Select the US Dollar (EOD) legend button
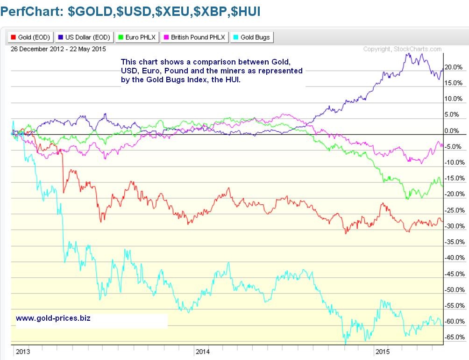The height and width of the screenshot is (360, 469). click(x=84, y=37)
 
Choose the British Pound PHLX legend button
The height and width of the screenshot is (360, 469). click(x=194, y=37)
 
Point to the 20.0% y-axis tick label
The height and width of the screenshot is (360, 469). click(x=453, y=67)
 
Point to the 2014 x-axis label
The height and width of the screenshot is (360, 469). click(x=203, y=351)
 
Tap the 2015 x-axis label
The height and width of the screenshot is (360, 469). click(x=382, y=351)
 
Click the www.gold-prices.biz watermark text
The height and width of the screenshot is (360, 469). click(x=53, y=318)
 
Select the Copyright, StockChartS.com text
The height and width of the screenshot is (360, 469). click(x=402, y=49)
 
